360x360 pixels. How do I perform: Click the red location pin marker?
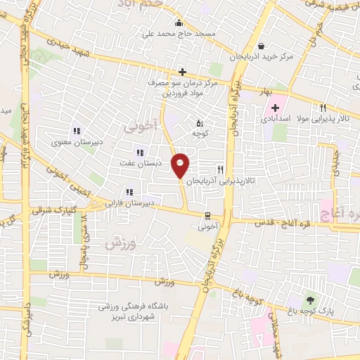pos(181,165)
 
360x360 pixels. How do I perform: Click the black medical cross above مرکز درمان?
pos(182,71)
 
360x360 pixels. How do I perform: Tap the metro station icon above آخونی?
pos(207,216)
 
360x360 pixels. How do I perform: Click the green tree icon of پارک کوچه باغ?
pos(309,300)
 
